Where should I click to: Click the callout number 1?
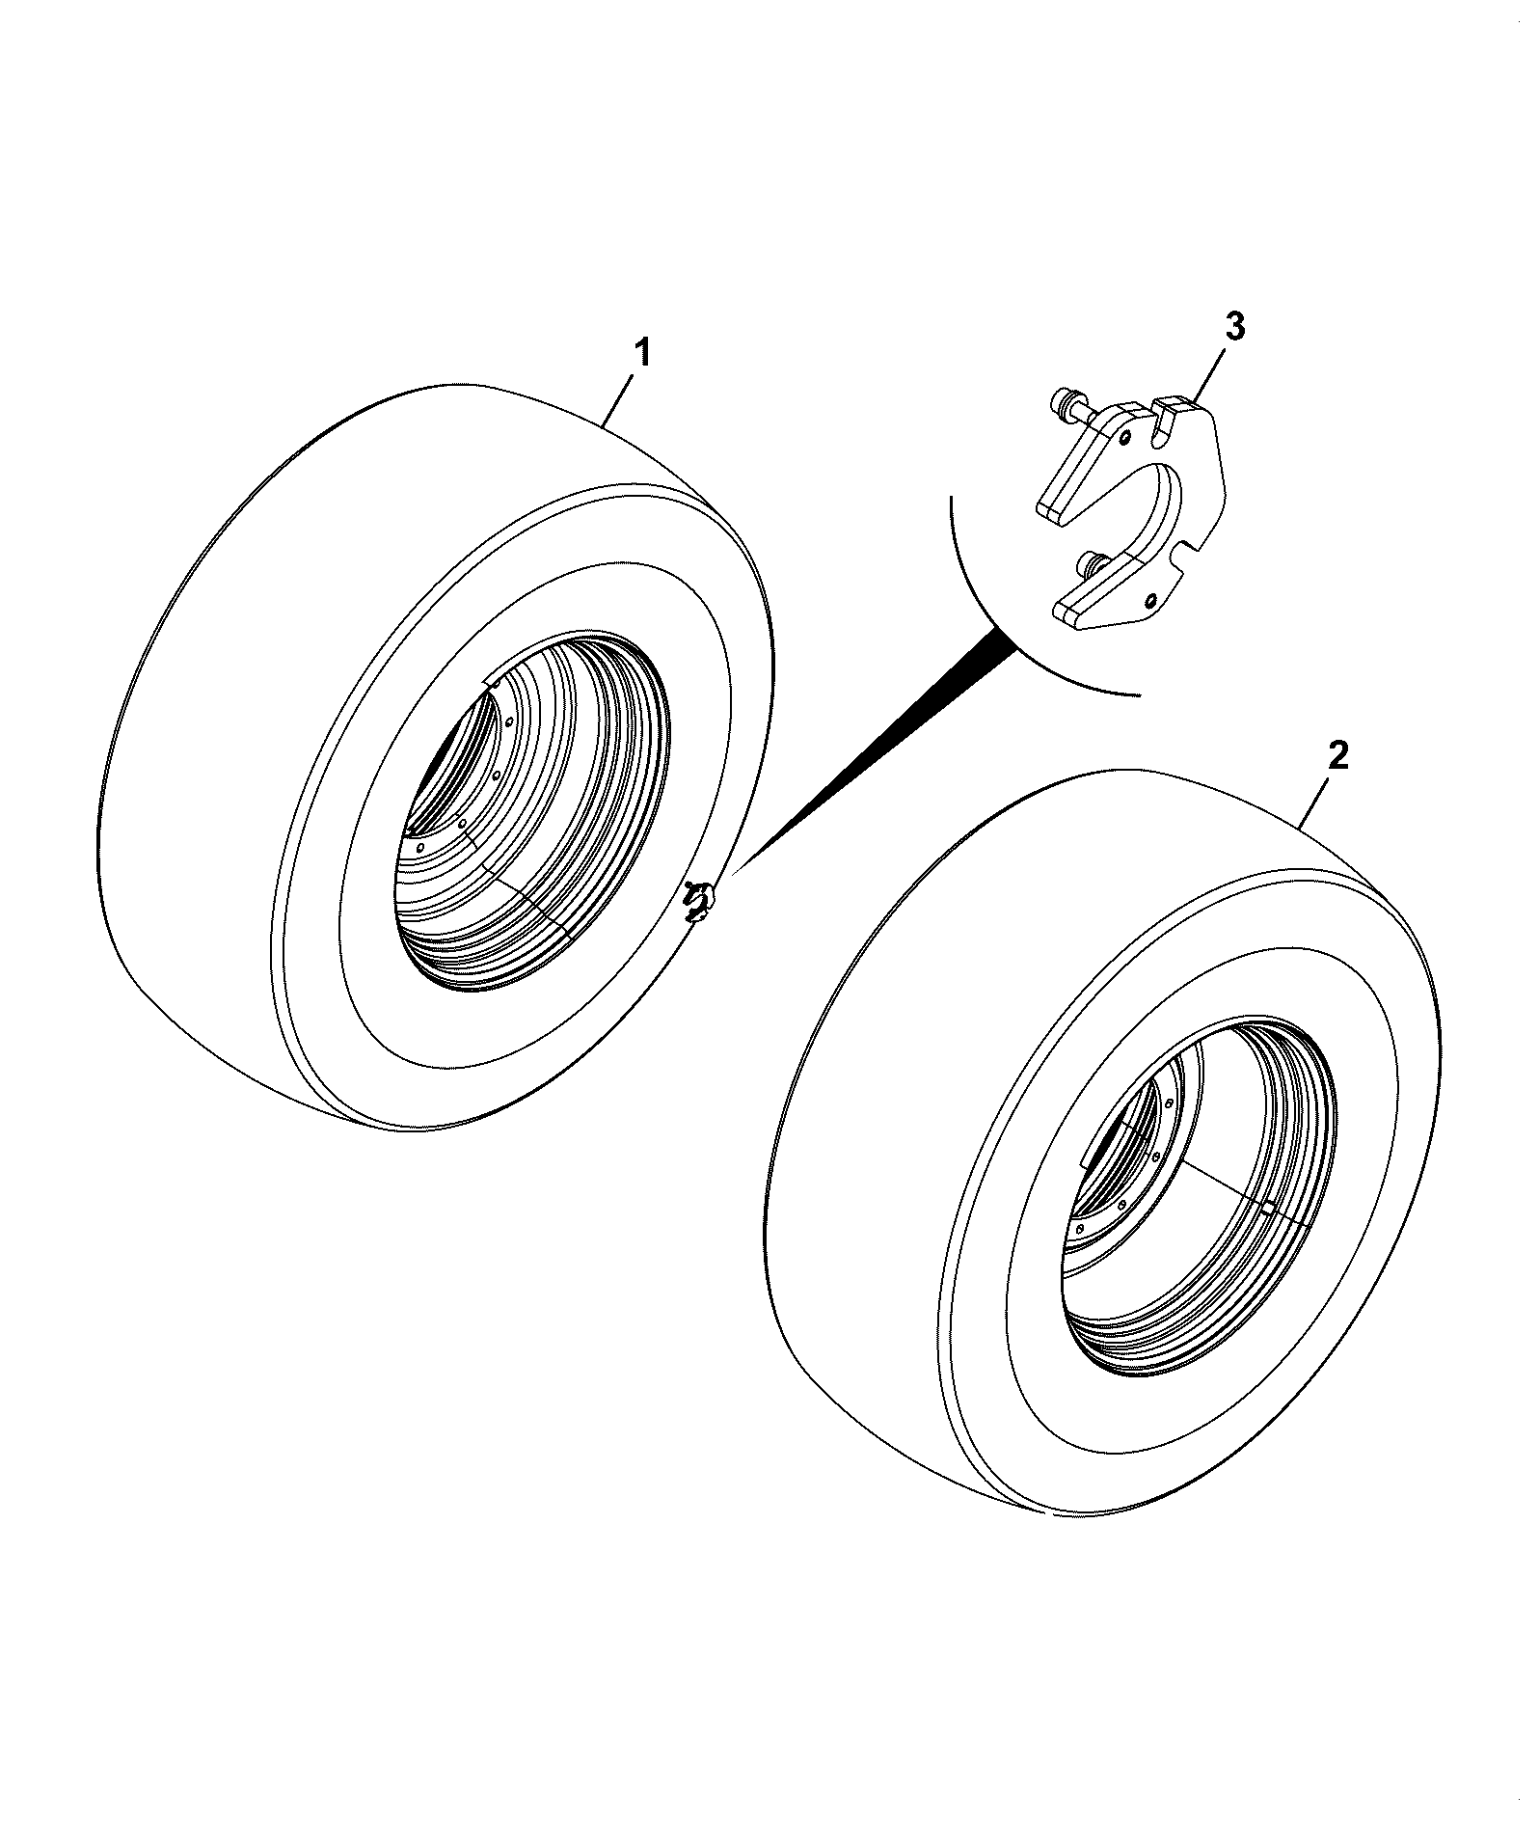(640, 353)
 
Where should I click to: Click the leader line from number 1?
(618, 400)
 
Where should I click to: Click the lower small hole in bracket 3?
(1151, 602)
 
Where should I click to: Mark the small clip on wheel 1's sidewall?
(698, 901)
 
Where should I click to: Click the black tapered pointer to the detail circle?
(874, 752)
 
